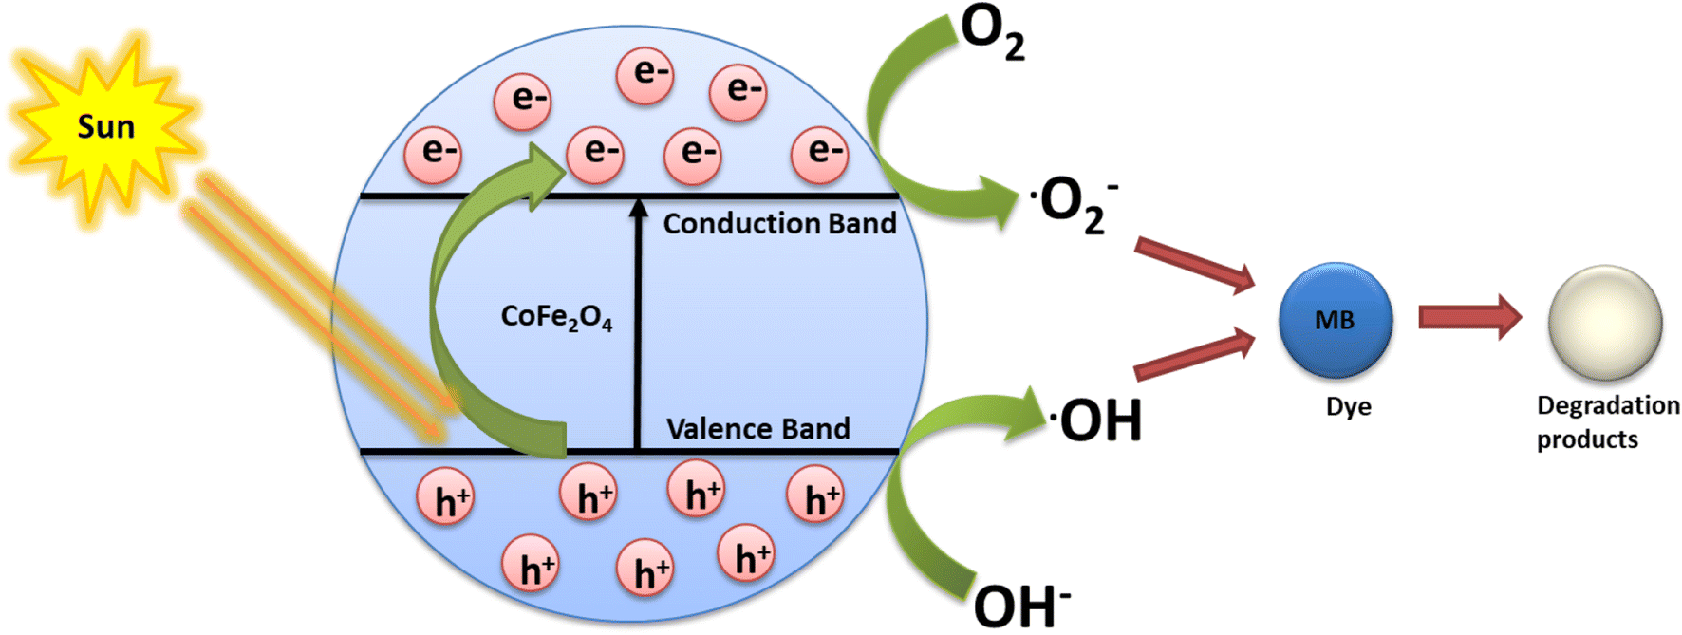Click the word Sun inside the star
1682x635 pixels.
105,126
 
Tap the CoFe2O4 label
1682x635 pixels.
556,317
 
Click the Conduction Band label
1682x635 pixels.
778,224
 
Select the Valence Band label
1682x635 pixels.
757,429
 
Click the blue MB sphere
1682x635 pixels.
1335,321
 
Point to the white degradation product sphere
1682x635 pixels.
1604,323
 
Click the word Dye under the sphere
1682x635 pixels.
1348,406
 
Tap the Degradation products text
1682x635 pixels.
1606,422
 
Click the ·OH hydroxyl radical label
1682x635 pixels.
1096,420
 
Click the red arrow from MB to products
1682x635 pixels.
1468,317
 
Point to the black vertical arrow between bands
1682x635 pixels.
638,323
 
